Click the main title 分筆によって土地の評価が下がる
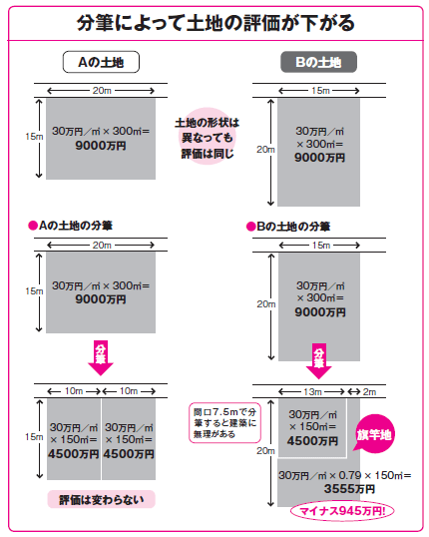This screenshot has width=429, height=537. (x=215, y=23)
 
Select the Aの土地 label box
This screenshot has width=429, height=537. (x=101, y=62)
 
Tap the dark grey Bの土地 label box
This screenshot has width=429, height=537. (x=318, y=62)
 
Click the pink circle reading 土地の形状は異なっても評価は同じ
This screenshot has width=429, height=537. (x=208, y=137)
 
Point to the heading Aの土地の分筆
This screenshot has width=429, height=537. (x=71, y=226)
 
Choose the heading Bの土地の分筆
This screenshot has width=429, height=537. (x=288, y=227)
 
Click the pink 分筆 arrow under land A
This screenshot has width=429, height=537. (x=101, y=358)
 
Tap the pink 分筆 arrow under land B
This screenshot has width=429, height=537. (x=318, y=361)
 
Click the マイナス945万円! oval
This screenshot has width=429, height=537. (x=342, y=511)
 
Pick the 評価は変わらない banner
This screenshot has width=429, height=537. (x=102, y=500)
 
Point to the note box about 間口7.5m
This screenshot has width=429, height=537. (x=224, y=423)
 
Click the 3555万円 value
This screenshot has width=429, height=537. (x=349, y=489)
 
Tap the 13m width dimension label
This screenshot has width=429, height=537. (x=312, y=391)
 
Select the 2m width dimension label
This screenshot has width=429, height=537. (x=369, y=392)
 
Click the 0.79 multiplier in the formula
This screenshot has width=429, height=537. (x=349, y=475)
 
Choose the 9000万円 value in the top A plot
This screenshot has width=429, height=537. (x=101, y=146)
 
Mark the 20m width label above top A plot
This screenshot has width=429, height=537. (x=102, y=91)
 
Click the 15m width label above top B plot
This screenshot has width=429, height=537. (x=320, y=91)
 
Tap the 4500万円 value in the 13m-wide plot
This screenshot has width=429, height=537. (x=312, y=441)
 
